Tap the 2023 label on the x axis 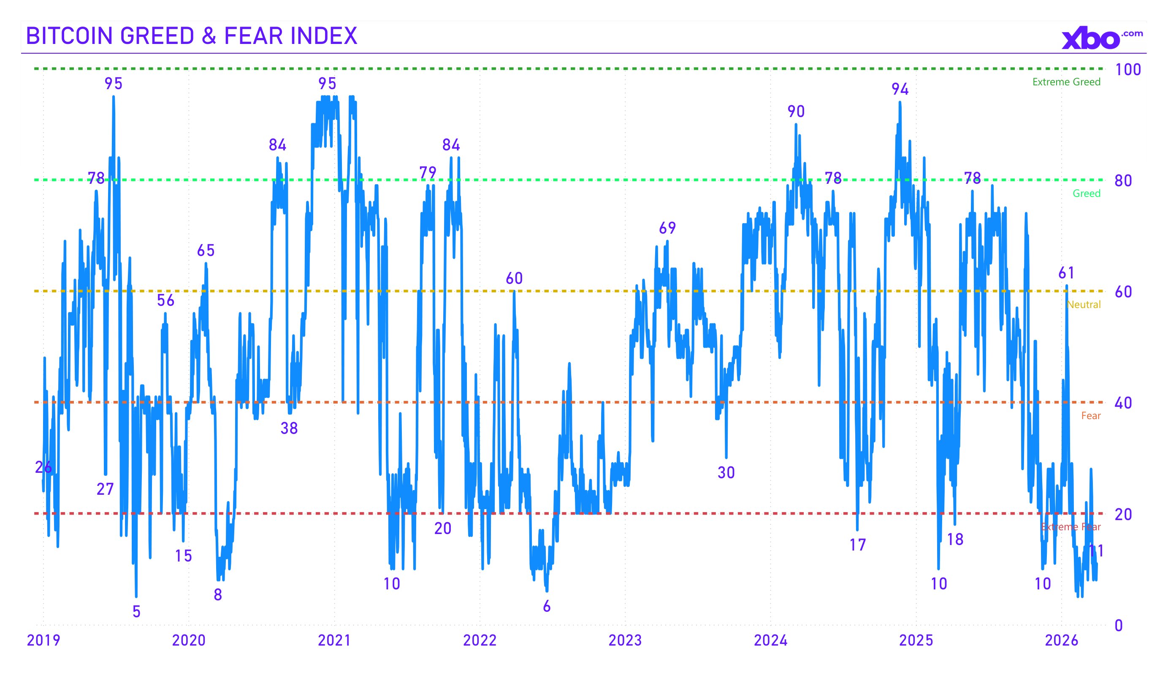pos(625,640)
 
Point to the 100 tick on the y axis pos(1127,70)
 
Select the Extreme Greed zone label pos(1066,82)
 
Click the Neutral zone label pos(1083,304)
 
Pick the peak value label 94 pos(900,89)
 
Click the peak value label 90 pos(796,112)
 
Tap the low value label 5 pos(136,611)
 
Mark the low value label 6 pos(547,606)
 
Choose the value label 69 pos(667,228)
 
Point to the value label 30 pos(726,472)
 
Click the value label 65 pos(206,251)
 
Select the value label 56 pos(165,300)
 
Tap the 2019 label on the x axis pos(43,640)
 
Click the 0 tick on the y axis pos(1119,625)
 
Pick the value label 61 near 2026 pos(1066,273)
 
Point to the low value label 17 pos(857,545)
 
